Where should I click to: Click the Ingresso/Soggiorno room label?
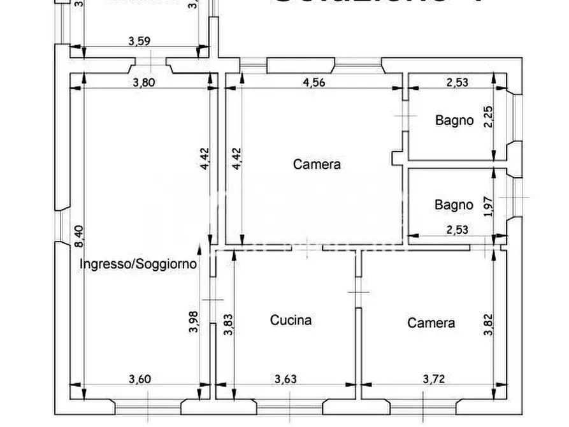pos(138,263)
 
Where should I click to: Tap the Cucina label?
pos(291,320)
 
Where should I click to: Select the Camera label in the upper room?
pos(317,164)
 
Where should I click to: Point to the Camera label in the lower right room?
pos(431,323)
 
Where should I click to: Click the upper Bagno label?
pos(454,120)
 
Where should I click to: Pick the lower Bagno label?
pos(454,205)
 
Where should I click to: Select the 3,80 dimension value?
pos(143,82)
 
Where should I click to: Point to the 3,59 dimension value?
pos(140,42)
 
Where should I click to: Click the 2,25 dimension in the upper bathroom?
pos(488,117)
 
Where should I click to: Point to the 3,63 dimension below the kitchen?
pos(285,379)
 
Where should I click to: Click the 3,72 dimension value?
pos(435,379)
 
